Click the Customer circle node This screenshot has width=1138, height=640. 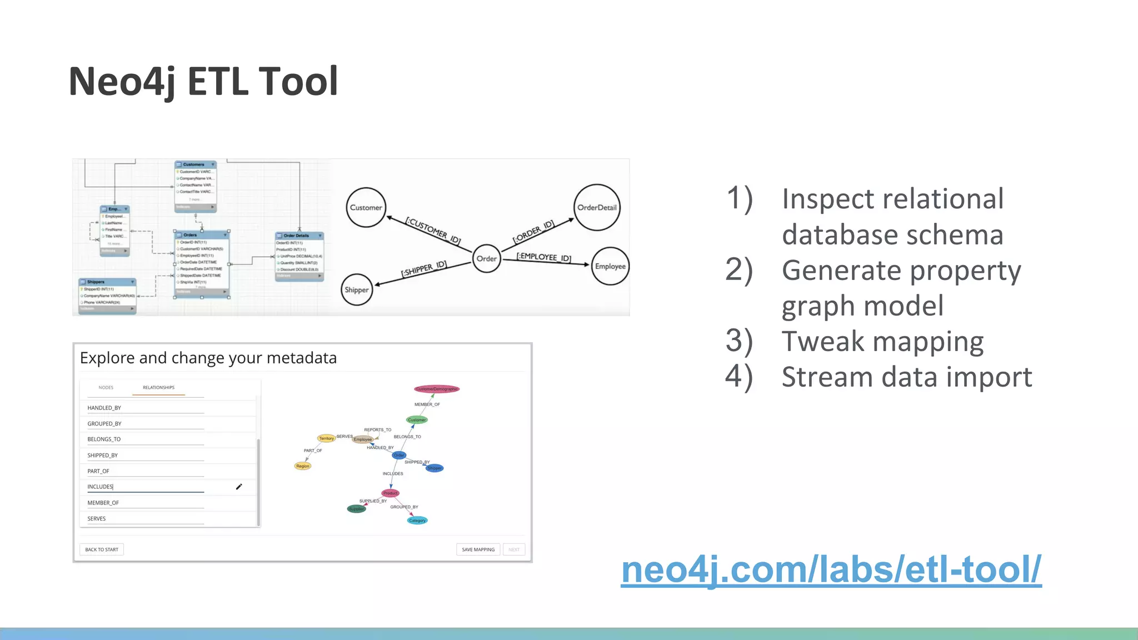[366, 207]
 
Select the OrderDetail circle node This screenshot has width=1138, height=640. [597, 207]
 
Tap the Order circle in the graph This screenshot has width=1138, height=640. [486, 258]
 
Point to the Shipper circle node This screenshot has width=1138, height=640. [356, 289]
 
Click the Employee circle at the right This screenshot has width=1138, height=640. [610, 266]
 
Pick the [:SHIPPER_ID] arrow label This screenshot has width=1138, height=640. [424, 269]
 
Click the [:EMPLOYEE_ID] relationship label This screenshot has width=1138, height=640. [544, 257]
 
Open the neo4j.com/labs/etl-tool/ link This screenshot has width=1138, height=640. [831, 569]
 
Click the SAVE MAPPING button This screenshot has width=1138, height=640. [478, 549]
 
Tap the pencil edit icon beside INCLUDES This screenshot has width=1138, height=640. [239, 487]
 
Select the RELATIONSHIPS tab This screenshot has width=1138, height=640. [158, 388]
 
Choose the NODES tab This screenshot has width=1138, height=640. [106, 388]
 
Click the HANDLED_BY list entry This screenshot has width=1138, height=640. [104, 408]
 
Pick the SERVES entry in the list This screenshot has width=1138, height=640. [96, 518]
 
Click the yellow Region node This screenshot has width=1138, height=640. [303, 466]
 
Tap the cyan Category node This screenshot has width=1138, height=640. [417, 521]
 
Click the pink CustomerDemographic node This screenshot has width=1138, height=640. [437, 389]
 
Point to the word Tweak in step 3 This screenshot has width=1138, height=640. [823, 341]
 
